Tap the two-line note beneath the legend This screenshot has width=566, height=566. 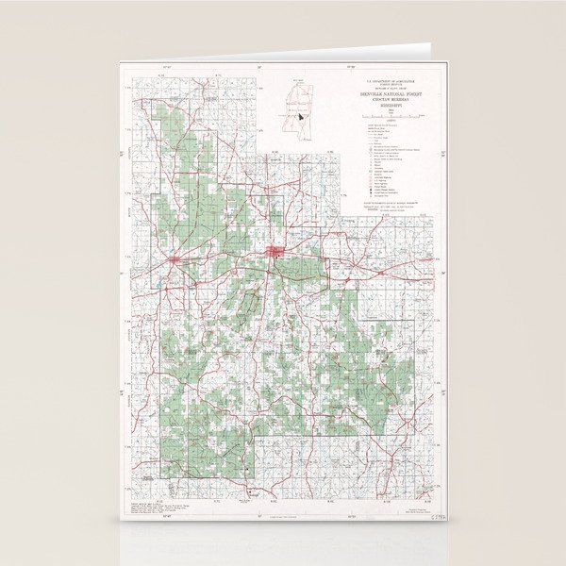[x=387, y=205]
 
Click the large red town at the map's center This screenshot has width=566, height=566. [x=277, y=252]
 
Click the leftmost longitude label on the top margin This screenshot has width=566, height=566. [x=167, y=67]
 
